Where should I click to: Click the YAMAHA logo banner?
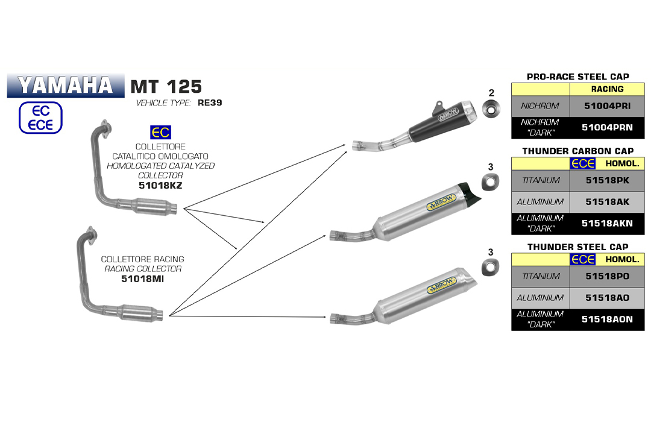pos(64,86)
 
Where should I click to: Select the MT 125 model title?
pos(166,86)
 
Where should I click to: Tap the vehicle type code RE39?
pos(210,102)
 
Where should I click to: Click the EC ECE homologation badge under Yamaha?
pos(40,117)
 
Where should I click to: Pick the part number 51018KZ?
pos(160,186)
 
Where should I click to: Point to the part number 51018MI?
pos(142,279)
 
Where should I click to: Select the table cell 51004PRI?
pos(607,106)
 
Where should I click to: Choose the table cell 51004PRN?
pos(607,127)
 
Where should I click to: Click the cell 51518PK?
pos(607,180)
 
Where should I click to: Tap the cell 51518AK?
pos(607,202)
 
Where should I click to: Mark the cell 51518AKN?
pos(607,223)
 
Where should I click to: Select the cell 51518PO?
pos(607,276)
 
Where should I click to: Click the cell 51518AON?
pos(607,319)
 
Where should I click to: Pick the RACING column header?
pos(607,89)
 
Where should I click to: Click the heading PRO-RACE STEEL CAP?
pos(577,77)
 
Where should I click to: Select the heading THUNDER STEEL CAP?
pos(577,247)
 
